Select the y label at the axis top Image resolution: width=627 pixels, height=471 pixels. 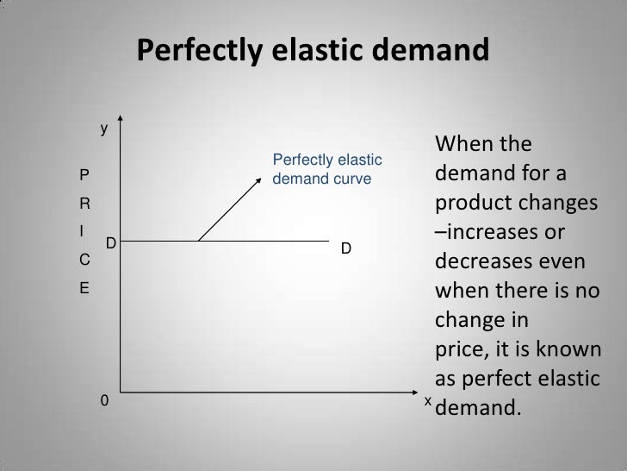(103, 130)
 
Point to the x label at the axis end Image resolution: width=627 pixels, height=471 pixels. (426, 402)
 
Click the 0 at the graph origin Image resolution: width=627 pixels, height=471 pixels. (104, 402)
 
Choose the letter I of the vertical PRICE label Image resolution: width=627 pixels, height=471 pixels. (82, 231)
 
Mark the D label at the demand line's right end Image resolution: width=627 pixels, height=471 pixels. (345, 248)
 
